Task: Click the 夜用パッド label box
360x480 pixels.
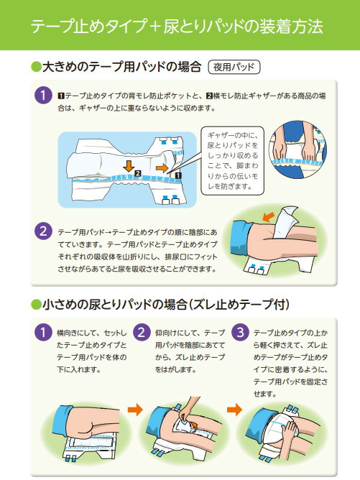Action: (234, 68)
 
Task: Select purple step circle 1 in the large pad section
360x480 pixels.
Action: (43, 96)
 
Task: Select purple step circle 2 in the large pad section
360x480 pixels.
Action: (43, 232)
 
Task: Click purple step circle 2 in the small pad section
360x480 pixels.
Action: (142, 333)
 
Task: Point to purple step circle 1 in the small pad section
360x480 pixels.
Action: (43, 333)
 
